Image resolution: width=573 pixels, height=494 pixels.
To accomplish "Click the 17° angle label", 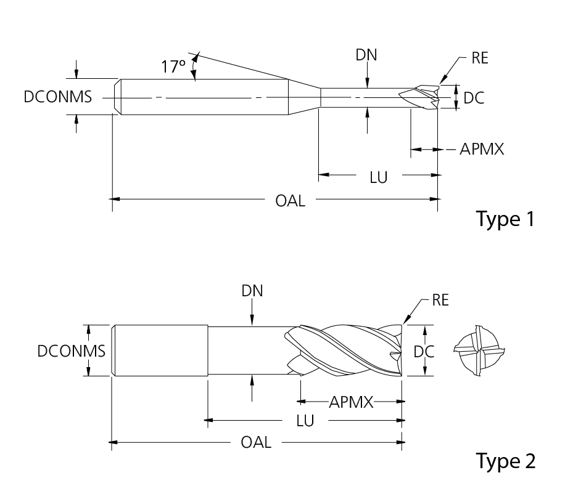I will pos(173,66).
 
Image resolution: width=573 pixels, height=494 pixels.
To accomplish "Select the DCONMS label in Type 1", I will pos(58,97).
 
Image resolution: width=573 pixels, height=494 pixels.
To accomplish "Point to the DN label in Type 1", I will pos(366,55).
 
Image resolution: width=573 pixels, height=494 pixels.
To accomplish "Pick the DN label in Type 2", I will pos(252,291).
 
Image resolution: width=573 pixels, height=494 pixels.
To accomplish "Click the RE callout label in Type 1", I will pos(480,59).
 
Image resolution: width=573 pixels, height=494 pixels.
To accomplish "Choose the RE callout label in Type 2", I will pos(440,301).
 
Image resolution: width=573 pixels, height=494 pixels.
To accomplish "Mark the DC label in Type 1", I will pos(473,97).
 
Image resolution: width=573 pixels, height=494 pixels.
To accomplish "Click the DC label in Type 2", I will pos(424,351).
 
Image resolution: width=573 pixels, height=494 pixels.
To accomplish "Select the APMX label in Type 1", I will pos(482,149).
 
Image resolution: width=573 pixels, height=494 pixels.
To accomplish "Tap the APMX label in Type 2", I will pos(351,402).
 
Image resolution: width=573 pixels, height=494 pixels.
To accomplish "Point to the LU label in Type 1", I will pos(378,177).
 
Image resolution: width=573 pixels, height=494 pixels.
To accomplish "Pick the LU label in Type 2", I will pos(305,421).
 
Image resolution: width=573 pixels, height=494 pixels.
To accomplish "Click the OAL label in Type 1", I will pos(290,200).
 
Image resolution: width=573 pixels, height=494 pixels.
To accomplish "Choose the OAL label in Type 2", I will pos(256,442).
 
